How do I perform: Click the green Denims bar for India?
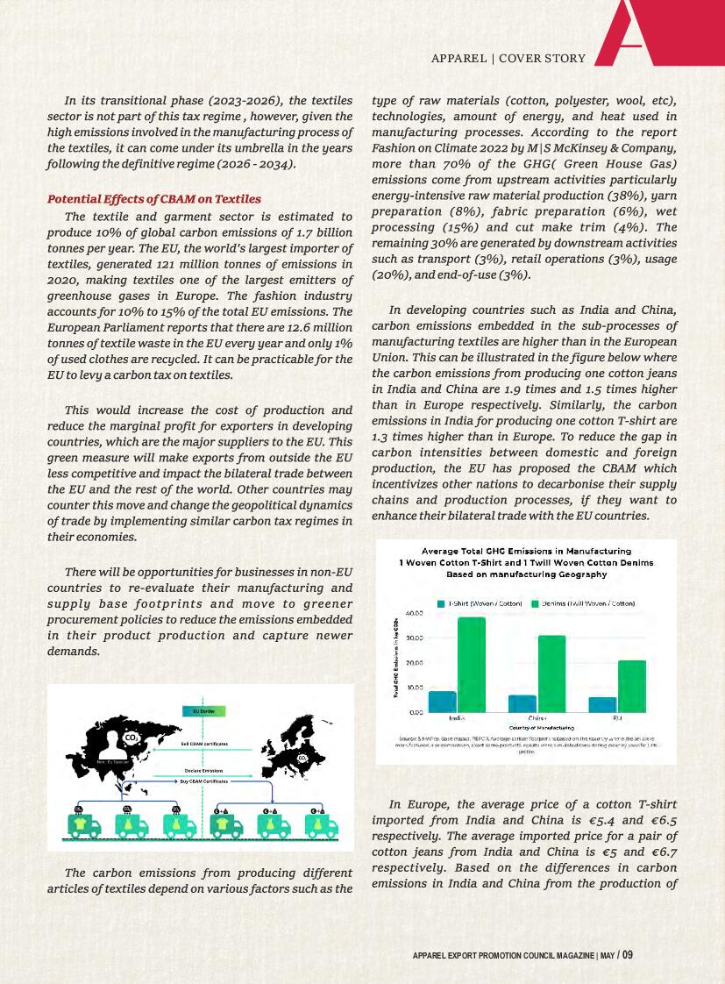pos(472,664)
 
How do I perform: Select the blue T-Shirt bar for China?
pos(522,703)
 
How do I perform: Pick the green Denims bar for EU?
pos(631,686)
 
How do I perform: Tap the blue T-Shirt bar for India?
pos(442,702)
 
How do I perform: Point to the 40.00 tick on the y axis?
pos(414,612)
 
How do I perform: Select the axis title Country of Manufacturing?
pos(541,728)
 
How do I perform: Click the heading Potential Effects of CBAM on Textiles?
pos(153,199)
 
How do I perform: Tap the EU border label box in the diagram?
pos(204,710)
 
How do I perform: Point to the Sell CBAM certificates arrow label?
pos(204,744)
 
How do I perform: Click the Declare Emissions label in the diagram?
pos(204,770)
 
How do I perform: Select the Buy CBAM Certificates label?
pos(204,780)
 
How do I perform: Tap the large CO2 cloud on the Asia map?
pos(131,738)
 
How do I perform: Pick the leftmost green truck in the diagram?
pos(84,827)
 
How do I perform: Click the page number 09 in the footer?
pos(628,955)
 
